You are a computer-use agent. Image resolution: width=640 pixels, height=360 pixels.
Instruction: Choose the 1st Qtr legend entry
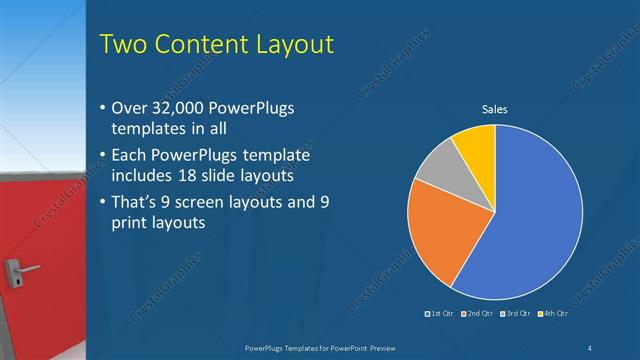tap(440, 315)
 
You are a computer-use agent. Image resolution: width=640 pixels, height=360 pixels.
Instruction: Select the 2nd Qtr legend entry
tap(477, 315)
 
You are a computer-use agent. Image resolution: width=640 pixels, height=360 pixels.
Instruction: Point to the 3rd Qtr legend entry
tap(515, 315)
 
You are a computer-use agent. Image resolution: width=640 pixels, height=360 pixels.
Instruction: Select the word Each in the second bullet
tap(130, 155)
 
